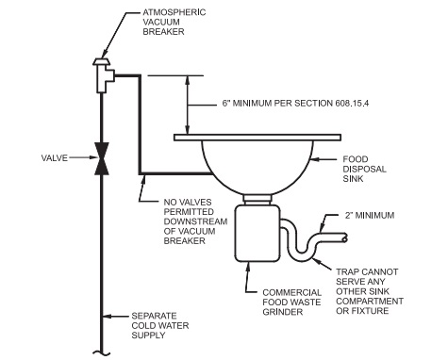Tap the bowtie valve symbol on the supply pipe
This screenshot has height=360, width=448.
(x=99, y=157)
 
